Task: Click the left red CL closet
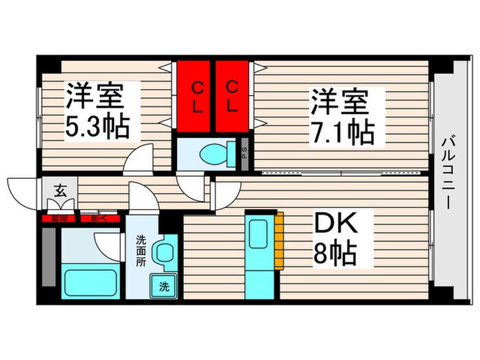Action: click(196, 97)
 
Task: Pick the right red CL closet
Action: click(233, 97)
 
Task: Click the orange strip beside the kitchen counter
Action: click(280, 240)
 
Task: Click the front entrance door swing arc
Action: click(22, 192)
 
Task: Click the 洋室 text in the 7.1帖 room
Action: click(339, 101)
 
